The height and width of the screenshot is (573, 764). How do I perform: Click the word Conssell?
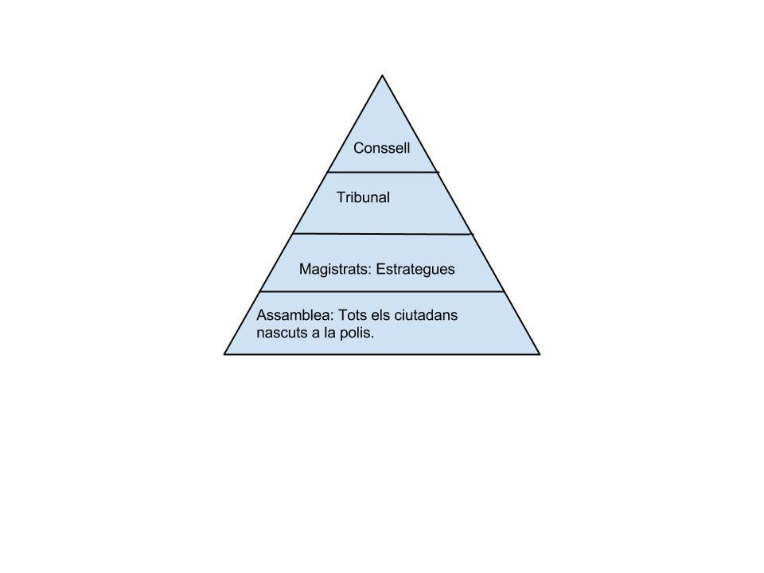tap(381, 148)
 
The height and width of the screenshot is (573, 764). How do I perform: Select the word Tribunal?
tap(363, 197)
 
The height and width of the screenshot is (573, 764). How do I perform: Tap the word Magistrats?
tap(334, 269)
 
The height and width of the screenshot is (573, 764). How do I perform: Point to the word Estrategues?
tap(415, 269)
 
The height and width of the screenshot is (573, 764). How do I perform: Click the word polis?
tap(357, 333)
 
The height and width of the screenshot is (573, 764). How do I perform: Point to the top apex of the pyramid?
tap(383, 76)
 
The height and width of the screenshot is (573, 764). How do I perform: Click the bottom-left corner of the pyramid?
tap(224, 353)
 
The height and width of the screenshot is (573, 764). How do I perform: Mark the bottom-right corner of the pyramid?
tap(540, 353)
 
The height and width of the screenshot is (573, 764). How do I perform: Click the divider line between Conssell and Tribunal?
tap(382, 172)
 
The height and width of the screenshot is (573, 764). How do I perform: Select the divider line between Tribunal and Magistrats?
tap(382, 234)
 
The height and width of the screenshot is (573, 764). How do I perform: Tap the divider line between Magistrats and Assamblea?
tap(382, 292)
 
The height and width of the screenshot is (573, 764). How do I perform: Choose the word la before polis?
tap(332, 333)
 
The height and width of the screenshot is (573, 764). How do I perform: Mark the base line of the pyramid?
tap(382, 353)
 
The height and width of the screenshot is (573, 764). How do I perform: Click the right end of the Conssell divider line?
tap(438, 172)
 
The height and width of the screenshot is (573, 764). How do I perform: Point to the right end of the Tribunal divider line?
tap(472, 235)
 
